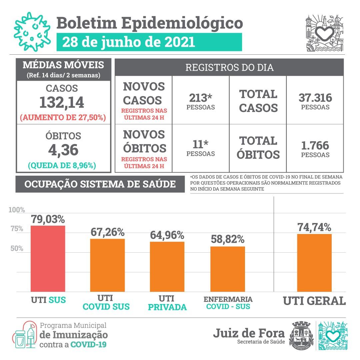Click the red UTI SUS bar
coord(48,259)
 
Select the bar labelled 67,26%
coord(107,265)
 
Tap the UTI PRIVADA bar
coord(167,267)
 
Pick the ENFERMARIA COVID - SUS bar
coord(228,269)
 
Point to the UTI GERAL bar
coord(314,263)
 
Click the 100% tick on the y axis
coord(17,210)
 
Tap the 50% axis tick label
coord(17,248)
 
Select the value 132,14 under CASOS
coord(62,102)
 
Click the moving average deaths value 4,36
coord(63,150)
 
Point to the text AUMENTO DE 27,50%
coord(63,118)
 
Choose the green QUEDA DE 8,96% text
coord(62,166)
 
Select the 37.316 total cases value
coord(315,98)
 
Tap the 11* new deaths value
coord(200,144)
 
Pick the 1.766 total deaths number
coord(315,146)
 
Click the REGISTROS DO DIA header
coord(229,67)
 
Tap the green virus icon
coord(32,32)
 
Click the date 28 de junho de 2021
coord(129,42)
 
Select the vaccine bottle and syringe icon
coord(24,335)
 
